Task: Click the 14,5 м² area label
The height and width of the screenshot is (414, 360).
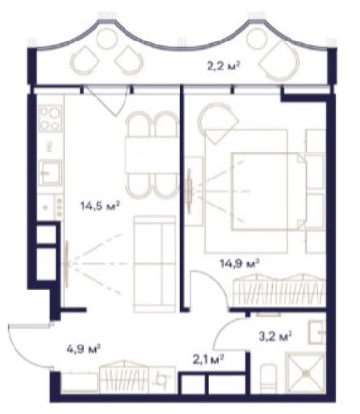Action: click(100, 206)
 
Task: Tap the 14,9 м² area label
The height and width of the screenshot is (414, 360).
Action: click(239, 264)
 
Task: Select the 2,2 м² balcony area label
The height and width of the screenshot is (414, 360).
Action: click(223, 67)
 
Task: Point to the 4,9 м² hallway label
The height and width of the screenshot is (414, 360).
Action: click(85, 348)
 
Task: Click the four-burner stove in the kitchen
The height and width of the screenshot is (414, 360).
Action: click(50, 119)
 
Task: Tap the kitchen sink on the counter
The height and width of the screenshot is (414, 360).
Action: click(49, 173)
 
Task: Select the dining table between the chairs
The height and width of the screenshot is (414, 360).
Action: click(152, 155)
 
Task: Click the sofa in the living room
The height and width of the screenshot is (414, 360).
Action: click(154, 264)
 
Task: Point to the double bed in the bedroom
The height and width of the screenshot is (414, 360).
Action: click(267, 191)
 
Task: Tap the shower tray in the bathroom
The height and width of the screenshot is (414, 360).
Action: click(306, 373)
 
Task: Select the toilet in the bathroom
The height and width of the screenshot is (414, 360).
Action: click(269, 378)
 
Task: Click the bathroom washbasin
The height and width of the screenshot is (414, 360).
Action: click(317, 332)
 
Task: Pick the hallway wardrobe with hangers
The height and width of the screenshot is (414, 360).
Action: click(124, 376)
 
